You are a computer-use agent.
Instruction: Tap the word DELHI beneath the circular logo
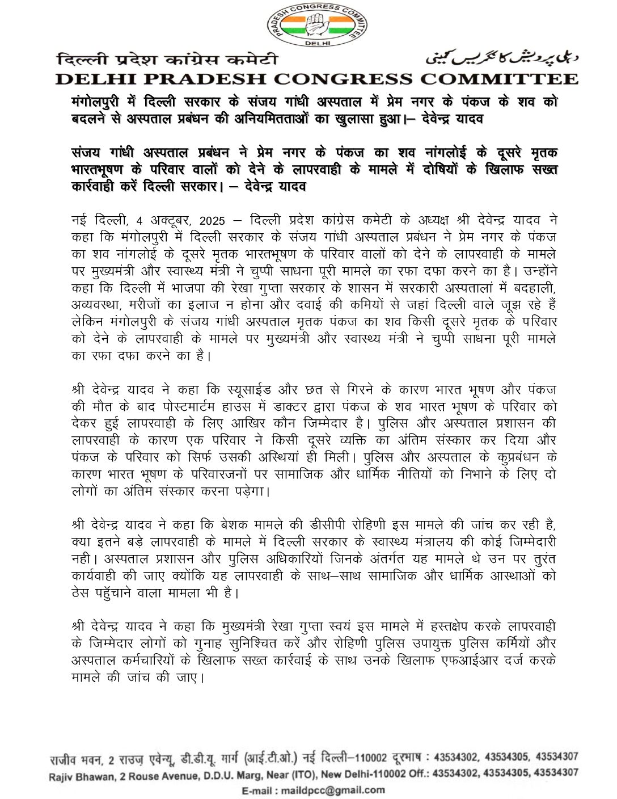(317, 43)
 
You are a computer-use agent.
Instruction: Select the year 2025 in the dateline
(207, 221)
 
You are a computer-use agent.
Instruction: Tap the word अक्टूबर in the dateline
(168, 221)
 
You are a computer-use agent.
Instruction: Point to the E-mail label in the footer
(260, 789)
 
